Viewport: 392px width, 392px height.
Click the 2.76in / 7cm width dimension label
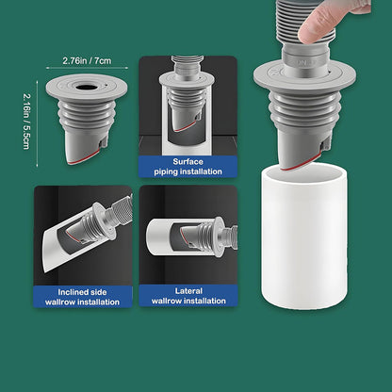87,60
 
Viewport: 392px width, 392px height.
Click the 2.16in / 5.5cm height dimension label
26,121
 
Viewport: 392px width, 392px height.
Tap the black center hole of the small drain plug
85,87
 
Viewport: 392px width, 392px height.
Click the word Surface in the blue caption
188,162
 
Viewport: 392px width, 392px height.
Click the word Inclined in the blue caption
69,292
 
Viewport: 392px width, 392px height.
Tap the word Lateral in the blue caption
188,291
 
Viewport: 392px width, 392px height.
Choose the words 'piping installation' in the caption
188,171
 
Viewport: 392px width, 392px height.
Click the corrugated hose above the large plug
306,22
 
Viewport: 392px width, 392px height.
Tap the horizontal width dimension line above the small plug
87,68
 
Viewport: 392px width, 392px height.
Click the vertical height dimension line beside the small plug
38,123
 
